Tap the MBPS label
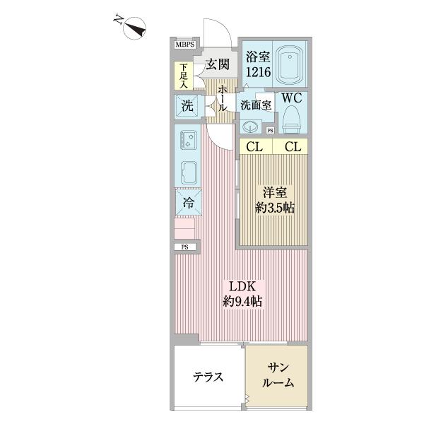click(x=185, y=45)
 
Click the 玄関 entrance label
click(x=218, y=65)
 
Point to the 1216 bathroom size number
click(x=257, y=71)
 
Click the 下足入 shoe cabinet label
click(x=182, y=76)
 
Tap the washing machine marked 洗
click(x=187, y=107)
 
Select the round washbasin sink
click(x=250, y=126)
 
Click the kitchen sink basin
click(x=189, y=172)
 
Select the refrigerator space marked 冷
click(x=188, y=202)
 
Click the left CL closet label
click(x=253, y=147)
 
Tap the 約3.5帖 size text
click(x=275, y=208)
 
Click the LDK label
click(x=242, y=288)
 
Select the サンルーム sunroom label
click(x=276, y=375)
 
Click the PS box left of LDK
click(x=185, y=247)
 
